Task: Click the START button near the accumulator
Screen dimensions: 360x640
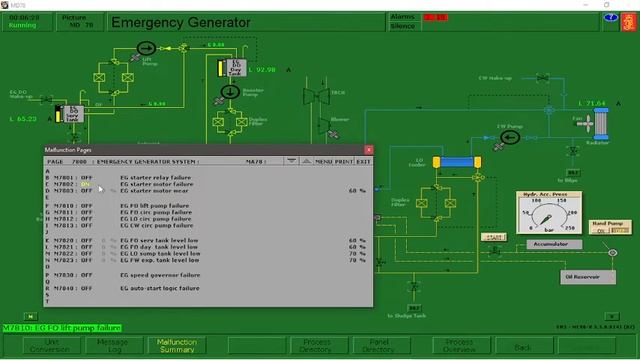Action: [x=492, y=237]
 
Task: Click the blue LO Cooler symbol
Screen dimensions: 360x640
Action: [x=457, y=160]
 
